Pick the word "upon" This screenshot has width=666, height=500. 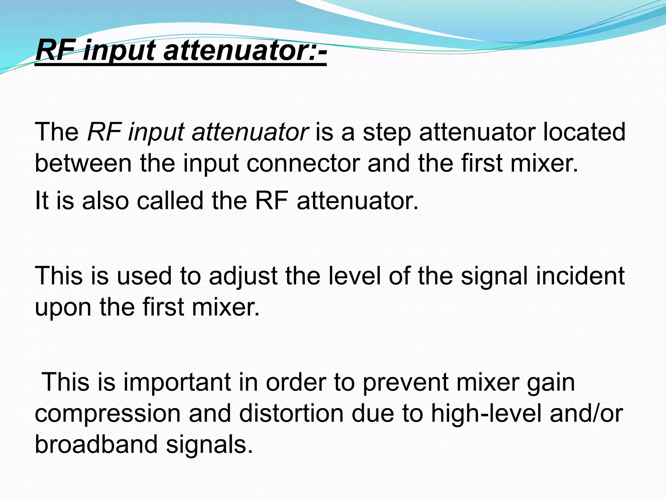click(x=63, y=308)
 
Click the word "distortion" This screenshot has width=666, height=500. click(x=291, y=413)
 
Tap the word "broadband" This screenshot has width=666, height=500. click(x=96, y=444)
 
